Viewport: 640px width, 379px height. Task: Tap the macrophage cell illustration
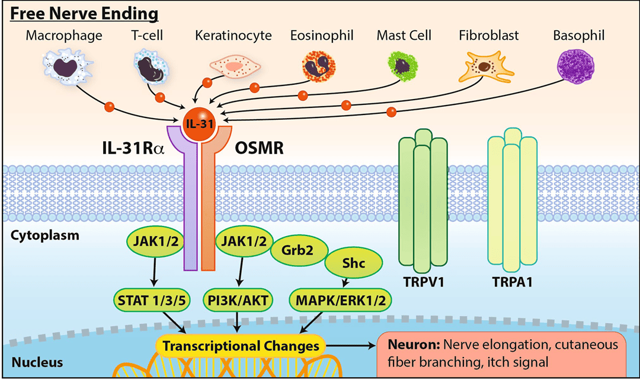click(x=64, y=67)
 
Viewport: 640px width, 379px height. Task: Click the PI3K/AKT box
click(x=238, y=300)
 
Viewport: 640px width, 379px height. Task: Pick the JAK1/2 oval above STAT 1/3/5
click(x=155, y=242)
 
